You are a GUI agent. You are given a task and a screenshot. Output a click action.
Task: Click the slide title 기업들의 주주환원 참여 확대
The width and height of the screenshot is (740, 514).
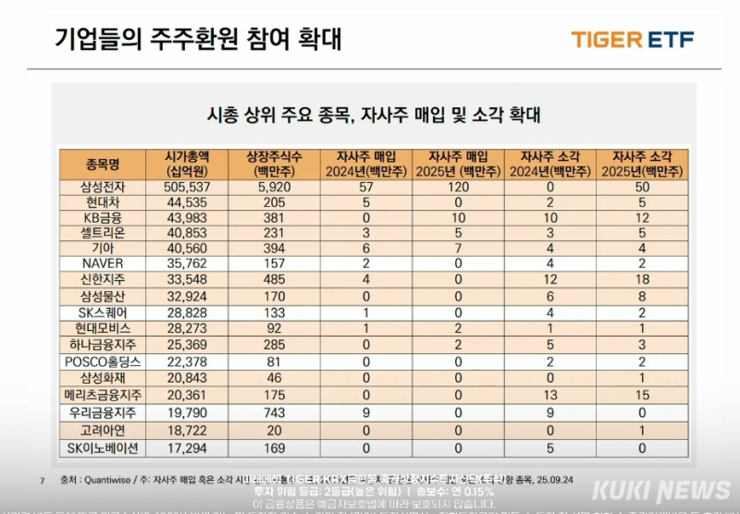pos(199,39)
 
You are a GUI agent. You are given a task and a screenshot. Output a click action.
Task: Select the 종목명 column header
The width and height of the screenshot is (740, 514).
pos(103,165)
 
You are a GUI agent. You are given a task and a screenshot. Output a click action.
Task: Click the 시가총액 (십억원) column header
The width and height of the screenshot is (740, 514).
pos(185,165)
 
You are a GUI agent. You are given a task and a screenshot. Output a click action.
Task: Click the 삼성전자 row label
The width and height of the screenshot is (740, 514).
pos(103,187)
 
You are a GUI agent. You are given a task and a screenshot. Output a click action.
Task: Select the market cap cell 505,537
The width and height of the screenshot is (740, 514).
pos(185,187)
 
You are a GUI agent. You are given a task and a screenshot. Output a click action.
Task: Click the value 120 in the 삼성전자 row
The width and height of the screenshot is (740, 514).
pos(456,187)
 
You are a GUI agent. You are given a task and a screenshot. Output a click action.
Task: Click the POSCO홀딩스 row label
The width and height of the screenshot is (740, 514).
pos(103,361)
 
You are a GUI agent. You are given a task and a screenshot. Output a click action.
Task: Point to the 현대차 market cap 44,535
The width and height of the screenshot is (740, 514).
pos(185,202)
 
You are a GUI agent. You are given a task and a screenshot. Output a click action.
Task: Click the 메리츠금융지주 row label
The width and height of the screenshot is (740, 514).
pos(103,394)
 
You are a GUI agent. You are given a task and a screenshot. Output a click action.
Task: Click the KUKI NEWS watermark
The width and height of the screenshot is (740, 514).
pos(661,491)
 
